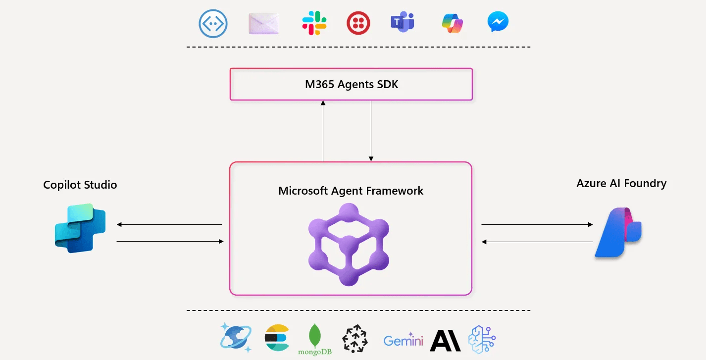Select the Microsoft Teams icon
point(402,23)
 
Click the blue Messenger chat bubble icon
point(498,23)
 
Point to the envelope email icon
point(263,23)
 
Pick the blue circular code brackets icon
point(213,23)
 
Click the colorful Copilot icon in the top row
point(452,23)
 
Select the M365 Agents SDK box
point(351,84)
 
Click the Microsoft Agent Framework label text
point(351,191)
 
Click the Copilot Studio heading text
point(80,185)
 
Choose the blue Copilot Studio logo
point(80,228)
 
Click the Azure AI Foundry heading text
point(621,184)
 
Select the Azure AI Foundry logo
point(618,233)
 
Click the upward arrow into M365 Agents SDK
point(323,131)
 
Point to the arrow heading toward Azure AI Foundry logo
point(537,225)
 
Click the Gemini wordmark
point(403,340)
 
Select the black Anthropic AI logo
point(445,340)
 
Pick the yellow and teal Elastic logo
point(277,339)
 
